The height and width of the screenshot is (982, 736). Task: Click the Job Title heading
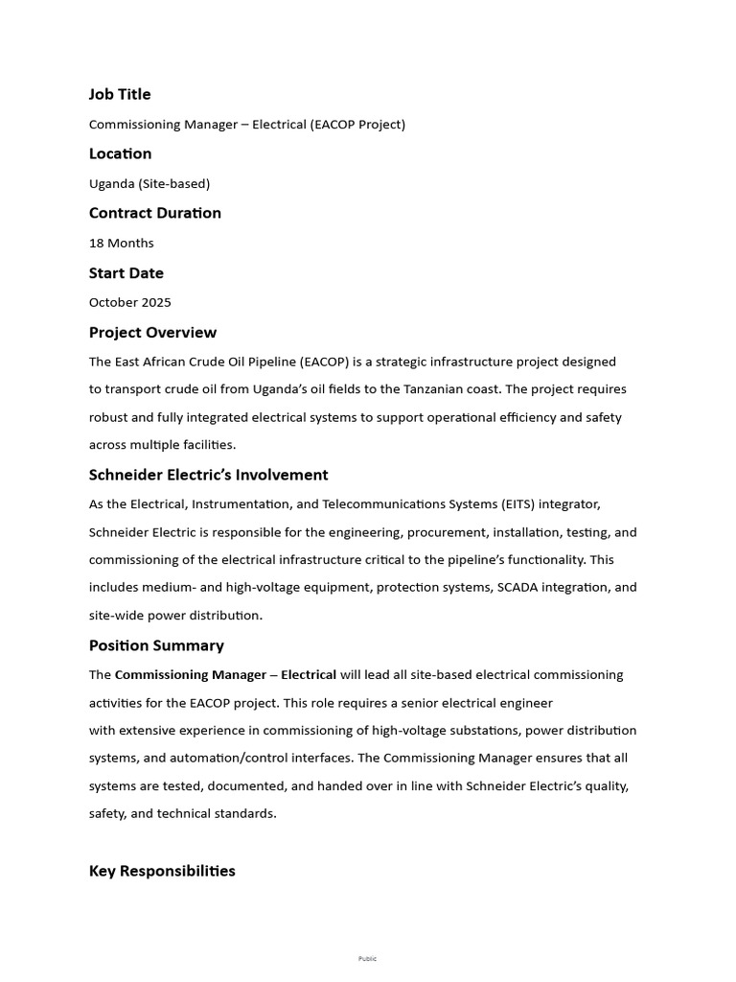click(120, 94)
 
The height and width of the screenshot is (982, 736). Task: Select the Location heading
click(120, 153)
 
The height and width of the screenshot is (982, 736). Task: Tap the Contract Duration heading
click(155, 213)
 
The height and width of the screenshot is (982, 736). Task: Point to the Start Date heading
click(126, 272)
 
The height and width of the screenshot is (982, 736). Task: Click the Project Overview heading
click(152, 333)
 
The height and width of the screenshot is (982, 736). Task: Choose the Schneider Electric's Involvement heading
click(208, 475)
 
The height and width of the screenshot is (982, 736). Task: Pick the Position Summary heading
click(156, 645)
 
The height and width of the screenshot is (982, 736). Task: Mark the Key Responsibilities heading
click(162, 871)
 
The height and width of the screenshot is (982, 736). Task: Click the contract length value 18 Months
click(122, 243)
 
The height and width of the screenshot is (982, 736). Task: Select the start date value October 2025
click(130, 302)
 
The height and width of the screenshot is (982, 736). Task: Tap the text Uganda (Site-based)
click(149, 183)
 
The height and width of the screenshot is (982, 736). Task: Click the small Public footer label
click(368, 958)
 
